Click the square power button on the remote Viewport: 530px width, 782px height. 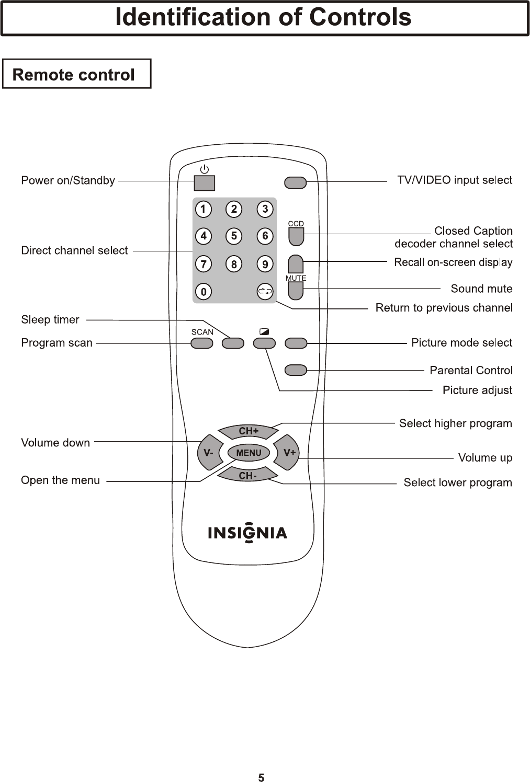[x=205, y=183]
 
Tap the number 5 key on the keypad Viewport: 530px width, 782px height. [x=234, y=236]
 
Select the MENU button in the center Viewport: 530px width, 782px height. [x=249, y=453]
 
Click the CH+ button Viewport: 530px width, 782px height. [x=248, y=431]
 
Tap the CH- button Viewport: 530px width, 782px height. [x=247, y=475]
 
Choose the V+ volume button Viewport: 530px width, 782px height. [x=287, y=453]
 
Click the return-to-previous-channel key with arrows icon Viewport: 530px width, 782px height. [x=265, y=292]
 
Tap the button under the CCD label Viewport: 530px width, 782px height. [x=296, y=237]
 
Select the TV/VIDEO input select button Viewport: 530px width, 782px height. [x=296, y=182]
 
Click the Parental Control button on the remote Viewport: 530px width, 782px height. [x=296, y=370]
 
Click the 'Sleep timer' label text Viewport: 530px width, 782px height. [x=50, y=319]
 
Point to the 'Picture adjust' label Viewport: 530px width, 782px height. [x=477, y=390]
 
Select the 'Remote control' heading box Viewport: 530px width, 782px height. [x=77, y=74]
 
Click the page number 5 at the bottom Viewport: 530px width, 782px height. [x=261, y=777]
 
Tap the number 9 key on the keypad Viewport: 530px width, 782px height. [x=265, y=264]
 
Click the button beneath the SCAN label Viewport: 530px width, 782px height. [x=202, y=343]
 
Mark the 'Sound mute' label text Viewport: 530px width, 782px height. [x=481, y=289]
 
